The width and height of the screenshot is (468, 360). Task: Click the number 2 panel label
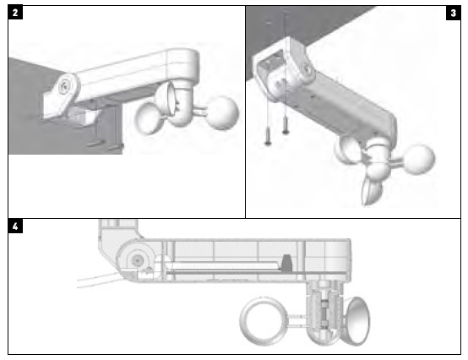coord(15,13)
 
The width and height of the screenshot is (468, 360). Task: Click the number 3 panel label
coord(453,13)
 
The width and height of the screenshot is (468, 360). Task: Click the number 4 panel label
coord(15,226)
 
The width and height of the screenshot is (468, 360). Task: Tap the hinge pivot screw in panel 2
coord(64,85)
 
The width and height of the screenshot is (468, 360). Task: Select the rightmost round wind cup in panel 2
coord(222,113)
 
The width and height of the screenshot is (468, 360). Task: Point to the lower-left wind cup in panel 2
coord(150,118)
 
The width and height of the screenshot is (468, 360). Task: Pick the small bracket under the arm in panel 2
coord(81,114)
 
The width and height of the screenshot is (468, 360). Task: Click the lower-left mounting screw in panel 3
coord(268,136)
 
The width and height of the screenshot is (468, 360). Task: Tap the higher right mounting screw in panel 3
coord(286,125)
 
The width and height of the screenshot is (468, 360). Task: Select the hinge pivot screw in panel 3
coord(307,69)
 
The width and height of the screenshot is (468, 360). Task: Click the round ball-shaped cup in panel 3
coord(419,159)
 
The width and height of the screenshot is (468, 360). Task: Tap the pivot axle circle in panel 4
coord(138,260)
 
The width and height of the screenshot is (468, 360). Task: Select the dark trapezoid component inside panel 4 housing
coord(286,263)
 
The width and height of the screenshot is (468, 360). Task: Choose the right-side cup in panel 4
coord(358,321)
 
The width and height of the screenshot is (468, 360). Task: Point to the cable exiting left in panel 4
coord(100,281)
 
